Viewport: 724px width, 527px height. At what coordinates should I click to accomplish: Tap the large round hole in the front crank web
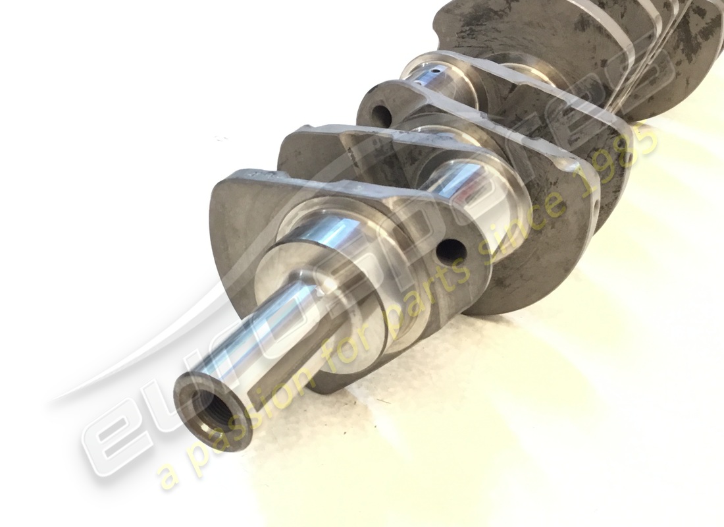(452, 252)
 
